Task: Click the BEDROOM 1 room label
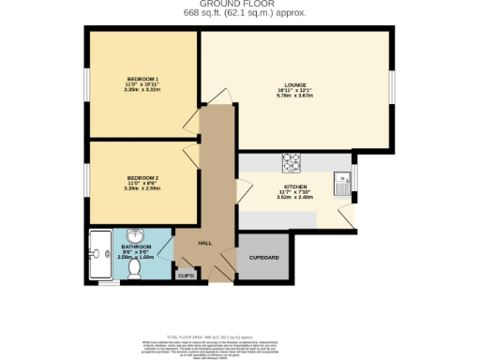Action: pos(142,79)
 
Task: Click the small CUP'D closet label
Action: pos(186,275)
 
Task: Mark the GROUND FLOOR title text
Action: pos(239,5)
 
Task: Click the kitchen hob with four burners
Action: pos(288,163)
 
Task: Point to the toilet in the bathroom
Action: pos(134,267)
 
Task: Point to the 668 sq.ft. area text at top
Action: pos(240,13)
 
